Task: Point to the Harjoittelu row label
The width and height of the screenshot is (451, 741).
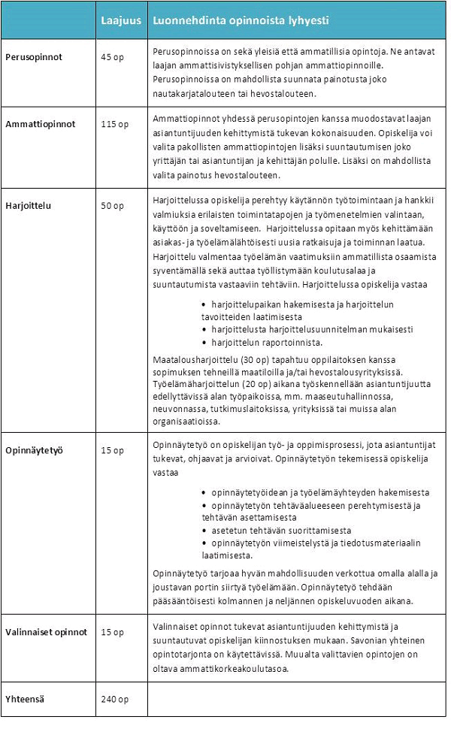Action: click(x=28, y=205)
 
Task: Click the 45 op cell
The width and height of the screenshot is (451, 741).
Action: click(x=112, y=58)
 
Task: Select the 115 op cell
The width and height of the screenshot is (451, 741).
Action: click(x=114, y=124)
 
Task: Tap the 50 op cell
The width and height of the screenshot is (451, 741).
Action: click(x=112, y=205)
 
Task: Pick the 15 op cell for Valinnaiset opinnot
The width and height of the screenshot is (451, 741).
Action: click(x=112, y=632)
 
